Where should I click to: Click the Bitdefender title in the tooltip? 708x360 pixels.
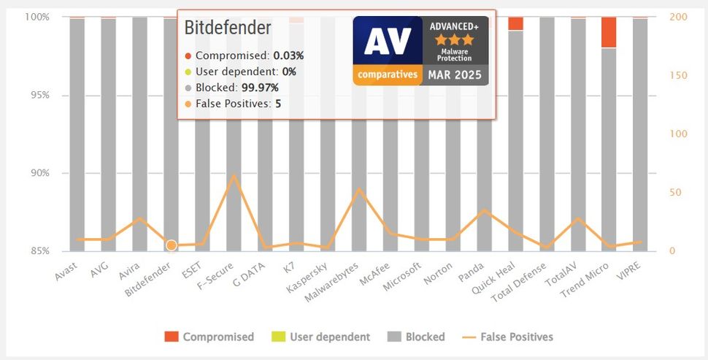(227, 28)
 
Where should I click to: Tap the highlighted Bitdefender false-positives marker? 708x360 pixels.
(171, 245)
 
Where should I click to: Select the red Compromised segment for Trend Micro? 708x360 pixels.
(609, 32)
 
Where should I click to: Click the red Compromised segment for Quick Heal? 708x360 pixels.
(515, 23)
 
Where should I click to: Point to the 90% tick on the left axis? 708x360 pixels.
(38, 173)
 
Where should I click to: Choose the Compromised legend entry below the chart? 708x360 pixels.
(209, 337)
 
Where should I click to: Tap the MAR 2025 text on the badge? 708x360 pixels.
(455, 75)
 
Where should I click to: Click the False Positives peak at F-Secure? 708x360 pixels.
(234, 175)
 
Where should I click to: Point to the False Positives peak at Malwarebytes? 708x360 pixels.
(358, 189)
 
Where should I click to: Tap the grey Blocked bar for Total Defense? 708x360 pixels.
(546, 131)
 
